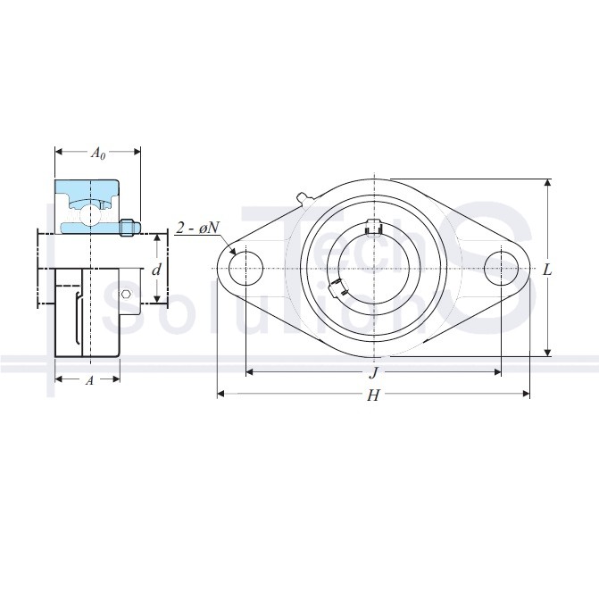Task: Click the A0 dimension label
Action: [98, 154]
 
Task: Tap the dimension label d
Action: [156, 270]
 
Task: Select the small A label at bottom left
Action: [89, 380]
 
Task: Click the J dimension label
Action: [374, 373]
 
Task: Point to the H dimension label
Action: [373, 395]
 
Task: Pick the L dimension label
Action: [547, 270]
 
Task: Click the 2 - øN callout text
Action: [197, 228]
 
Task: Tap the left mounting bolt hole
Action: [245, 269]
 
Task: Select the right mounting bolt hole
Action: [501, 269]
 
